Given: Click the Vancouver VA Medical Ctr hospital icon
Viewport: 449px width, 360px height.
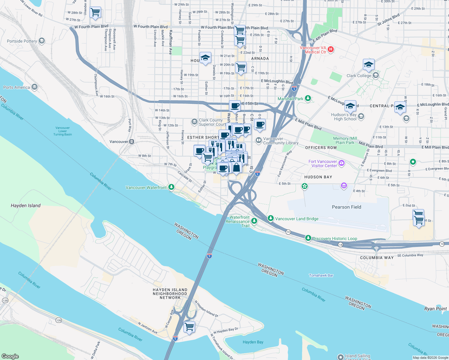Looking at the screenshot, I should tap(331, 49).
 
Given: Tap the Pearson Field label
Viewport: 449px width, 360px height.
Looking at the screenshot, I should tap(346, 207).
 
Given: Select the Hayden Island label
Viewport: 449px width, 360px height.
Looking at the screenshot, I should tap(26, 205).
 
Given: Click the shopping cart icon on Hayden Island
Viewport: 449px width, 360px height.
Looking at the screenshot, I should tap(189, 327).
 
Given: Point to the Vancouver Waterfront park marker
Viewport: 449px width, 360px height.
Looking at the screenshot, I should tap(171, 187).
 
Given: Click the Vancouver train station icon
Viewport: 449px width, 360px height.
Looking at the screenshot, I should tap(131, 142).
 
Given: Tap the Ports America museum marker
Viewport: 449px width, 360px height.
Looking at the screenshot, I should tap(35, 87).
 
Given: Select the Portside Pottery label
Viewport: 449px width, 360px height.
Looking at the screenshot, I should tap(22, 41).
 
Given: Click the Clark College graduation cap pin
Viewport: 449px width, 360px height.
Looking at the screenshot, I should tap(368, 65).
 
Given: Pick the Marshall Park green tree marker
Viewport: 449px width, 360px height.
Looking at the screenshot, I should tap(308, 98).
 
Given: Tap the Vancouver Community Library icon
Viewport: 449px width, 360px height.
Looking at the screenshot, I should tap(258, 140).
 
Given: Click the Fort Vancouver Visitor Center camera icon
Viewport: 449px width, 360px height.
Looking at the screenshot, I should tap(342, 163).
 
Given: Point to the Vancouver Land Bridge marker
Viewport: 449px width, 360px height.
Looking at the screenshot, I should tap(270, 218).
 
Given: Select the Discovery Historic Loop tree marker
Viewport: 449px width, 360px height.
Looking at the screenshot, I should tap(308, 238).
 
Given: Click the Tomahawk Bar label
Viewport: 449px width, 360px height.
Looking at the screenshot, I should tap(321, 275).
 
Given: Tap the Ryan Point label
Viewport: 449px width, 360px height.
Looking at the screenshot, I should tap(435, 309).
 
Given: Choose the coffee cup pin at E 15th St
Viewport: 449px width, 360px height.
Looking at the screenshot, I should tap(235, 106).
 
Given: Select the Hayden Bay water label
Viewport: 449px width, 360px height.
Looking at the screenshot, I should tap(253, 342).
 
